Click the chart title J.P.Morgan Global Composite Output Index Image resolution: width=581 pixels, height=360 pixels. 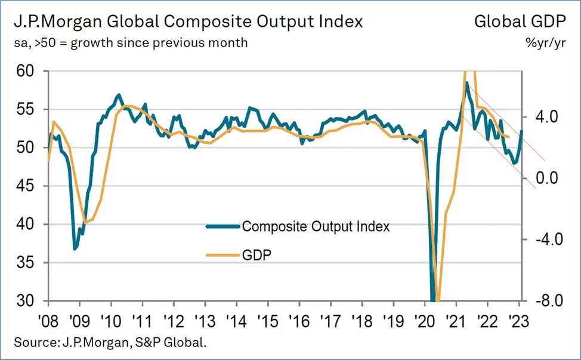coord(187,22)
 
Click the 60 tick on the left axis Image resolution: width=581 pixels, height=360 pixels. coord(28,72)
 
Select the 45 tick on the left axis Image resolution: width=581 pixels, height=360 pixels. coord(28,186)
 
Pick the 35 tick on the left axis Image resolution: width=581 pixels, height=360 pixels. coord(28,262)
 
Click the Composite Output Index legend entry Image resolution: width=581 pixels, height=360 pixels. coord(316,226)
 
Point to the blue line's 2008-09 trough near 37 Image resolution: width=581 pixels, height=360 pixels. coord(75,249)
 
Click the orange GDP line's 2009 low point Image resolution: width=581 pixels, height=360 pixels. coord(85,222)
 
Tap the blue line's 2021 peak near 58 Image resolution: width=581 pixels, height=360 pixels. coord(466,82)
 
